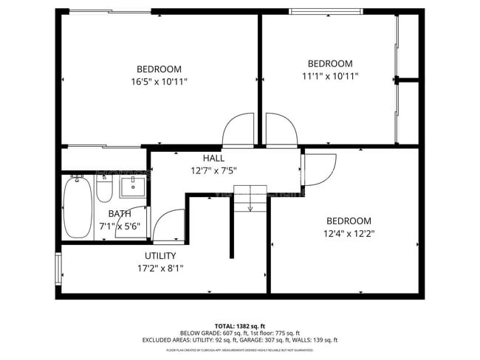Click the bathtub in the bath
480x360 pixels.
pos(77,206)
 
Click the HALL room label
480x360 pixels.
pos(213,158)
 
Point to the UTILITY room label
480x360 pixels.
pos(160,256)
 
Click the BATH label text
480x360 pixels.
pos(120,214)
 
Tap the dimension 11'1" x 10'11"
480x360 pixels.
pos(329,75)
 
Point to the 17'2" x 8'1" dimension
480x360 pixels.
pos(160,269)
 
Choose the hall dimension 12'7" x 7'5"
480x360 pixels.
pos(213,170)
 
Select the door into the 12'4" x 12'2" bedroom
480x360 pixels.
pos(319,168)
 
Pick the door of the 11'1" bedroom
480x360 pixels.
pos(281,130)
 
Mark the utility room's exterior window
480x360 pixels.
pos(58,268)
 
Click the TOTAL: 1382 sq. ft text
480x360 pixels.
pos(241,325)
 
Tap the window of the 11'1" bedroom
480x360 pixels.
pos(325,11)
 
